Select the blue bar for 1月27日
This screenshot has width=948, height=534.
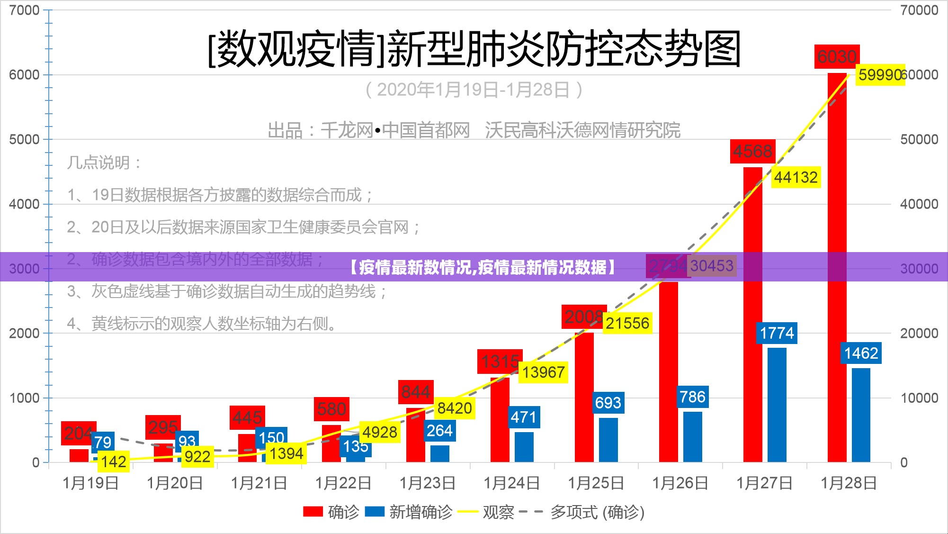777,405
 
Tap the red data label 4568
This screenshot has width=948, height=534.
752,151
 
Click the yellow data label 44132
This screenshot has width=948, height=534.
796,177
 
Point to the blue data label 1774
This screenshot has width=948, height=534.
777,333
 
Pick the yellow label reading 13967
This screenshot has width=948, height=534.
543,372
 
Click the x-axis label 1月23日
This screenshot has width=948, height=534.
427,483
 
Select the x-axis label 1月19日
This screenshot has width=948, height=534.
90,483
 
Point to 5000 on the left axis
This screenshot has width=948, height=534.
24,139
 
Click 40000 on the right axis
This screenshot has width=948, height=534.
919,204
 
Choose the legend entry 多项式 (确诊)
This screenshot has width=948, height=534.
597,512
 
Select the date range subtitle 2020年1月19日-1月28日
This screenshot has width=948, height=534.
474,90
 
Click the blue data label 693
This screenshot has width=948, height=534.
608,403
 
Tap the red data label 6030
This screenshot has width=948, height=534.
837,57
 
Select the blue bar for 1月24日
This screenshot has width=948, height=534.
524,447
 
